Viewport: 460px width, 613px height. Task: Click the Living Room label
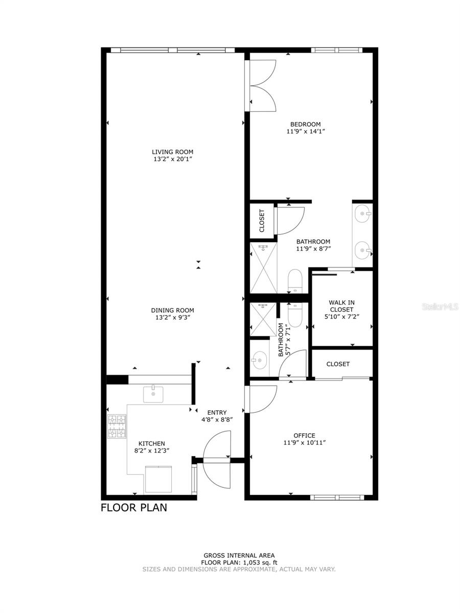[172, 152]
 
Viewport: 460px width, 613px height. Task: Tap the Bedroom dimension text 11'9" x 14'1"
[305, 131]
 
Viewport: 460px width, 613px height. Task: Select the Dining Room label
[172, 310]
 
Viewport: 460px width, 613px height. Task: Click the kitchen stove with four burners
[117, 427]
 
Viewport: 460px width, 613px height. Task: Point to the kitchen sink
[153, 394]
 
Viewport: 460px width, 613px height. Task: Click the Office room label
[304, 435]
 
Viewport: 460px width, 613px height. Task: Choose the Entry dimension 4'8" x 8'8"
[217, 420]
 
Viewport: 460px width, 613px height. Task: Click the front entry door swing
[217, 450]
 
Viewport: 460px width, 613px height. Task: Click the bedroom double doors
[262, 85]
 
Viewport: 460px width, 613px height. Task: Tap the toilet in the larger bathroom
[295, 281]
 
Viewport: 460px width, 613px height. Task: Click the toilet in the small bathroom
[295, 314]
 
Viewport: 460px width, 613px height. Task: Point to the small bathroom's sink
[260, 361]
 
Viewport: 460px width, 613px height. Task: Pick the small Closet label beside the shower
[262, 221]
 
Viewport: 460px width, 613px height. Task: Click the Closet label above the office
[338, 364]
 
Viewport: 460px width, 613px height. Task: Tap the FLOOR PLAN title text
[133, 508]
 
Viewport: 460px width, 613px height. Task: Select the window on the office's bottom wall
[337, 497]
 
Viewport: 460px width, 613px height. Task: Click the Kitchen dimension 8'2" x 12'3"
[152, 451]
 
